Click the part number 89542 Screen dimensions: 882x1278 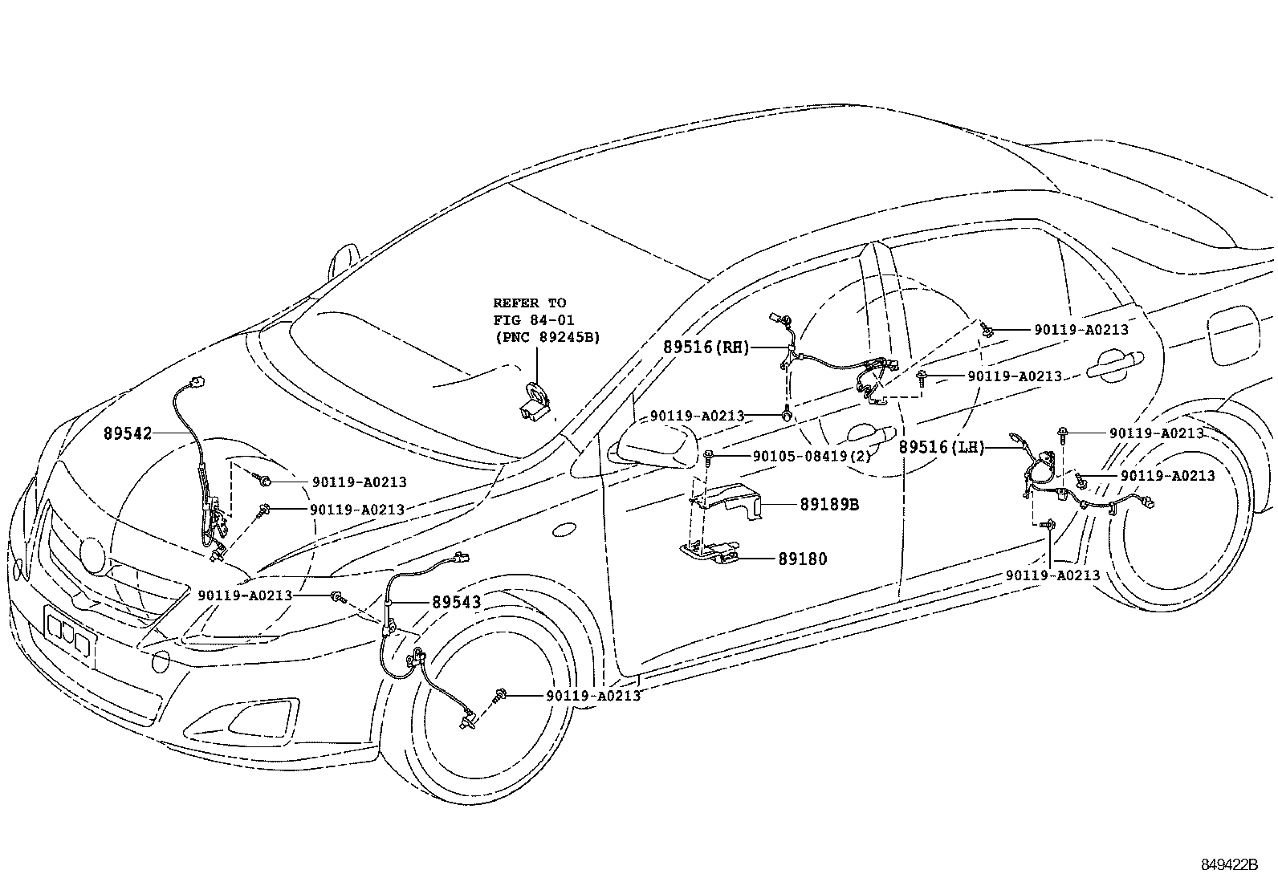tap(127, 433)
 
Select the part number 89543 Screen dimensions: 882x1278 tap(456, 602)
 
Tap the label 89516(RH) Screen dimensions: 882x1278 tap(706, 348)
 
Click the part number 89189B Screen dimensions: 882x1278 tap(828, 505)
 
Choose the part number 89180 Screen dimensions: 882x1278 tap(801, 559)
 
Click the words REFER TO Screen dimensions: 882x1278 tap(529, 303)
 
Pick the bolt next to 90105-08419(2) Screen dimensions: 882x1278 tap(709, 457)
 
